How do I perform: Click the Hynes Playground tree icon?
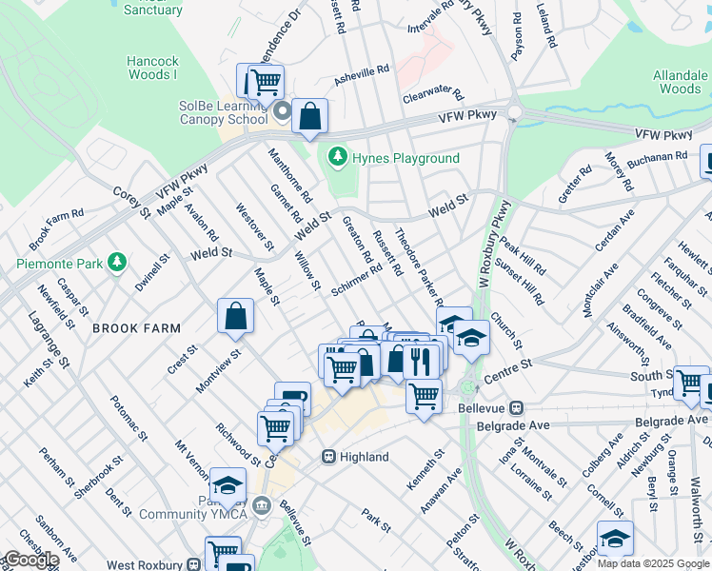336,157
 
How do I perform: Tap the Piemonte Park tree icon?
117,262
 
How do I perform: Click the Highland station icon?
328,457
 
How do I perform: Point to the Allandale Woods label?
680,82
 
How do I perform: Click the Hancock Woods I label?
152,68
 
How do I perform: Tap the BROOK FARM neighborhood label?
136,328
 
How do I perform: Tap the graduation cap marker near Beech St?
615,539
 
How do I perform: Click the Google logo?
30,560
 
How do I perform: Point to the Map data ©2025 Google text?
653,563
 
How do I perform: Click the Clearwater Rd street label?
432,96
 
